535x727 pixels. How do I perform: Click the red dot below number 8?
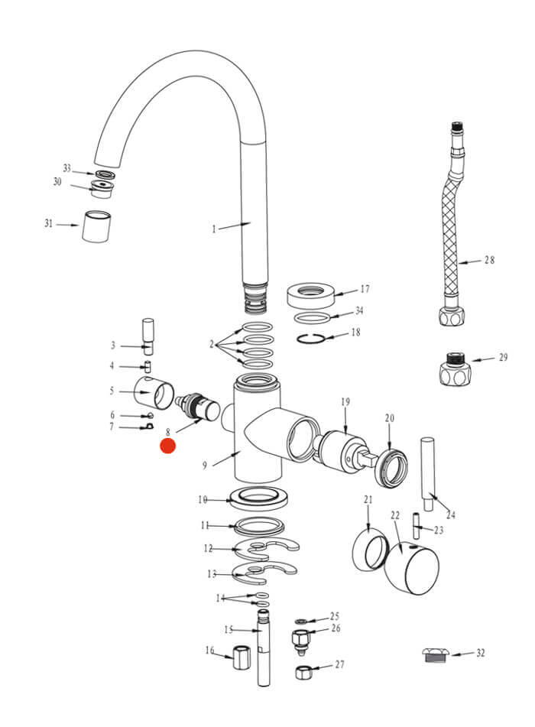(x=167, y=446)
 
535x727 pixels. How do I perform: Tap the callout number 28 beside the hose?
(x=489, y=260)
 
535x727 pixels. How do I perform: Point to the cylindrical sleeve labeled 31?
(x=97, y=226)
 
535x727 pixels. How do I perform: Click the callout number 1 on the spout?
(x=215, y=229)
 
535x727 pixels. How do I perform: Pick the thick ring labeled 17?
(x=313, y=294)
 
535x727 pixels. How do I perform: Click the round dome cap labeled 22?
(x=413, y=569)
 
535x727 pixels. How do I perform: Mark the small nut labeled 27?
(x=303, y=673)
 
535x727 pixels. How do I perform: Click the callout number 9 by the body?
(x=205, y=465)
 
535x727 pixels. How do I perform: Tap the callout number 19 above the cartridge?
(x=345, y=401)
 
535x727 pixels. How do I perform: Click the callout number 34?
(x=359, y=312)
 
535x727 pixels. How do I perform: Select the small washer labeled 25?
(x=302, y=620)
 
